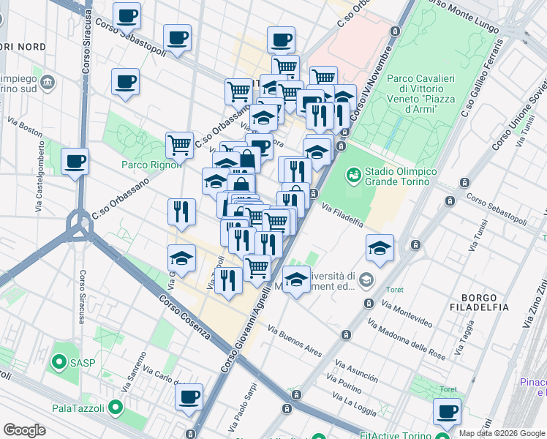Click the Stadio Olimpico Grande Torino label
pos(401,176)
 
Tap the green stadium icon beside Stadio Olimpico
pos(353,174)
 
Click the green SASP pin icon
pos(57,362)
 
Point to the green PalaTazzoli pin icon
pos(115,408)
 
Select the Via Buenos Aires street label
pos(295,340)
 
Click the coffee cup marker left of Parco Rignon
pos(75,162)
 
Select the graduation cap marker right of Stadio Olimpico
pos(380,248)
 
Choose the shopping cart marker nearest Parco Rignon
pos(179,144)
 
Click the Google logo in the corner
pos(24,430)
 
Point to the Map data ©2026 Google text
pos(502,433)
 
